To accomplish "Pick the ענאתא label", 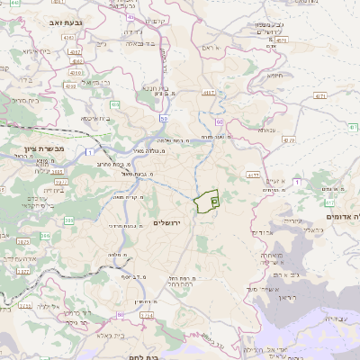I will coord(266,130).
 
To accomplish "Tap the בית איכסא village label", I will coord(95,117).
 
